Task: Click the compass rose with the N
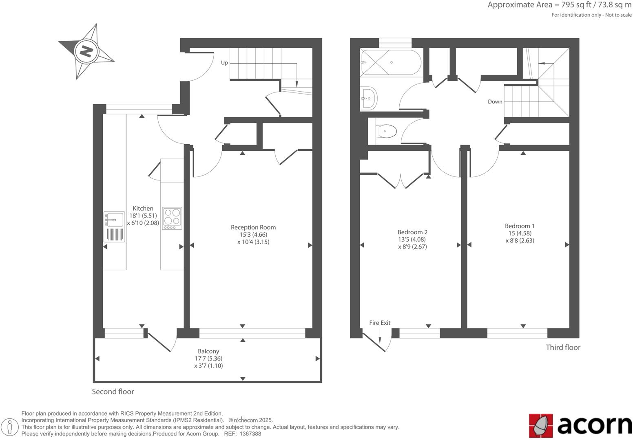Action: click(x=86, y=51)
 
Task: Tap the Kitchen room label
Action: click(x=143, y=208)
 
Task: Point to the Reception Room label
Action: click(x=253, y=227)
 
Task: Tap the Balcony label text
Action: click(x=208, y=351)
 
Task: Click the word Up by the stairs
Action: click(x=224, y=63)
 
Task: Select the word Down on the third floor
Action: click(x=495, y=101)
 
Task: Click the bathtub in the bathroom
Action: click(x=391, y=62)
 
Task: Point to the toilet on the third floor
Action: click(x=387, y=131)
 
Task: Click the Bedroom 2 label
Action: click(x=412, y=232)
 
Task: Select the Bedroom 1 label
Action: click(x=519, y=226)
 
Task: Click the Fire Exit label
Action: click(x=380, y=323)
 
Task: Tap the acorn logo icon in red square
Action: click(x=541, y=425)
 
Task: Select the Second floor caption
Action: click(x=113, y=392)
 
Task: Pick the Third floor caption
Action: click(x=563, y=347)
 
